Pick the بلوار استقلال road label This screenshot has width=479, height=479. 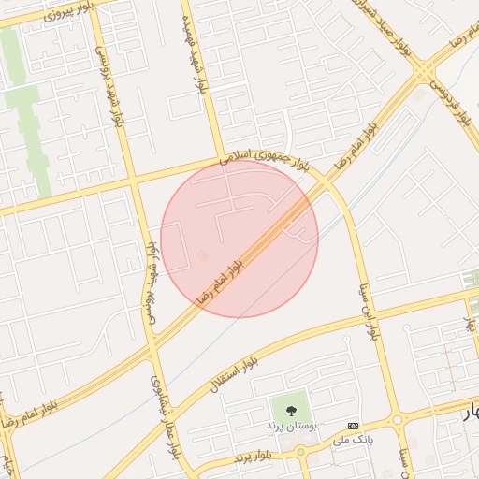239,374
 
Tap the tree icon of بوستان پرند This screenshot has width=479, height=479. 292,408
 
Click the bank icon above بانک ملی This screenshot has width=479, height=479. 353,425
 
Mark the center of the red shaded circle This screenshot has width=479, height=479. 239,239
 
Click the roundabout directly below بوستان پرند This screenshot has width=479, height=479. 301,453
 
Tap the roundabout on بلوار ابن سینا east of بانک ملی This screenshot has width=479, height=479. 398,420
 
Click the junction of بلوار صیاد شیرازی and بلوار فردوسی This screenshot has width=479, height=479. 426,72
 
